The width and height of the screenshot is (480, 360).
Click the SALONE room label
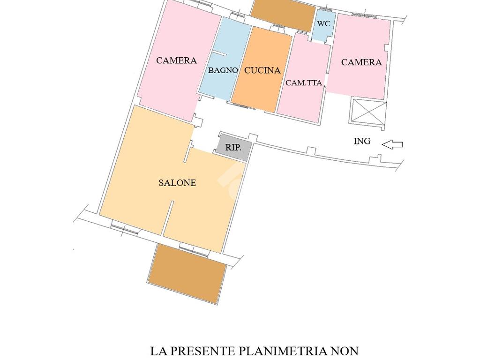click(x=177, y=183)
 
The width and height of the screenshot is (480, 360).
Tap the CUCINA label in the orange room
click(x=262, y=70)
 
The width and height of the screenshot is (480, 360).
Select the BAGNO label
click(x=223, y=70)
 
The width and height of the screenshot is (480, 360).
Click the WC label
click(x=323, y=23)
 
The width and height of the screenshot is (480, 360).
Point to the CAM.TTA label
click(x=304, y=82)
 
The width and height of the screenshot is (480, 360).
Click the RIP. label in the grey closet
click(x=233, y=148)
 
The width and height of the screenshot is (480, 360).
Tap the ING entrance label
click(x=362, y=141)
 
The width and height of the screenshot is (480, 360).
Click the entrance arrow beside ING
click(x=392, y=144)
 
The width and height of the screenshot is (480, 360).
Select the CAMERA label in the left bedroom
click(x=176, y=60)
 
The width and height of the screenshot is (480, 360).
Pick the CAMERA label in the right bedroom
click(x=361, y=62)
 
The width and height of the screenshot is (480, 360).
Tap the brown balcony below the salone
click(x=187, y=273)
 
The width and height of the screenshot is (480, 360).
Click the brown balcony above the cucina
click(x=283, y=14)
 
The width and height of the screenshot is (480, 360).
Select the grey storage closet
click(x=233, y=147)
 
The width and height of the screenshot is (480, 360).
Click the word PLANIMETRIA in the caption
click(x=282, y=351)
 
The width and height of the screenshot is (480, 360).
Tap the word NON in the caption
click(x=345, y=351)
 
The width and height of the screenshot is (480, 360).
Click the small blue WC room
click(x=323, y=26)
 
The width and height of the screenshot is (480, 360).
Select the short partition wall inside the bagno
click(x=219, y=54)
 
